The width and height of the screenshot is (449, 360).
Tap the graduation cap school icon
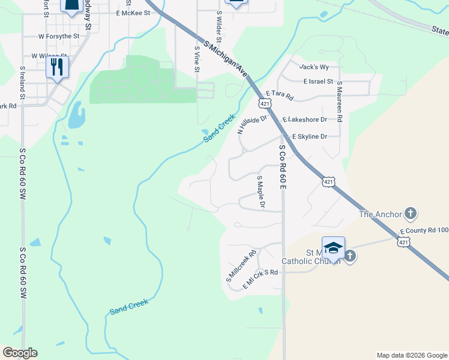[x=333, y=247]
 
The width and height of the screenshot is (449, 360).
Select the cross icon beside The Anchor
[x=411, y=214]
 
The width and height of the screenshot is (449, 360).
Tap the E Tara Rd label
[x=279, y=96]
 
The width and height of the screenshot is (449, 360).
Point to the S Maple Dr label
[x=261, y=192]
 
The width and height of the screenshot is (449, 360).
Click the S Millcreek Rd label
[x=241, y=266]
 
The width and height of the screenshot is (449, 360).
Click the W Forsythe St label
[x=59, y=37]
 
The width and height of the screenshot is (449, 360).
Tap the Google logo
[x=20, y=353]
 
